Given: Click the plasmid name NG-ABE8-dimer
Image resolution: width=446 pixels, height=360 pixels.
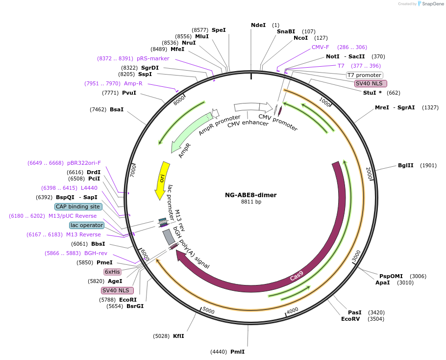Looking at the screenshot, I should click(251, 195).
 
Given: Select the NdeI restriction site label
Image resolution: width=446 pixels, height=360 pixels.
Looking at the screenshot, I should click(258, 25).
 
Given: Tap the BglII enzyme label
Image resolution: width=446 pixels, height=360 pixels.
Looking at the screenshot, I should click(407, 165).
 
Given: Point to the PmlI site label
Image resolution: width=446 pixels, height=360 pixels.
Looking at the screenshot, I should click(237, 352).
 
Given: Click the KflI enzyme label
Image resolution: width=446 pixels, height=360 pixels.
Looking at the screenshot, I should click(178, 336).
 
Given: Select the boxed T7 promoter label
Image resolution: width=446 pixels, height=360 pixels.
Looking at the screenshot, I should click(364, 75).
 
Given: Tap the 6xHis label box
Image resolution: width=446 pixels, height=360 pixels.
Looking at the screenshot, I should click(112, 272).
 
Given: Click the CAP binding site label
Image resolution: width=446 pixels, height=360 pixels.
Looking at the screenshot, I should click(78, 206).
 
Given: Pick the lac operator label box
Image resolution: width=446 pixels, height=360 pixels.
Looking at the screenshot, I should click(87, 225).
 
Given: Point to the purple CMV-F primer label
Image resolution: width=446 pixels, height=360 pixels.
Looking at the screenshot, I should click(321, 47).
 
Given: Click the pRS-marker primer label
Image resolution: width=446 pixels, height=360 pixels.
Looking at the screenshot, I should click(153, 58).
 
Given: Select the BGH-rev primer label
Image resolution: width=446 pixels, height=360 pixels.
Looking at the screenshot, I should click(96, 253).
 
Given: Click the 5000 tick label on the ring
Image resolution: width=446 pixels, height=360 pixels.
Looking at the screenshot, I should click(209, 310).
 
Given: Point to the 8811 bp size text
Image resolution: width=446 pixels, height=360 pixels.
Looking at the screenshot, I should click(251, 202).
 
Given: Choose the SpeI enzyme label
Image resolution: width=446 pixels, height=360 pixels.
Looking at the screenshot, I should click(219, 30).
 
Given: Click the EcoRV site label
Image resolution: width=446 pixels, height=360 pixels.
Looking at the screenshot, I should click(351, 319).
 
